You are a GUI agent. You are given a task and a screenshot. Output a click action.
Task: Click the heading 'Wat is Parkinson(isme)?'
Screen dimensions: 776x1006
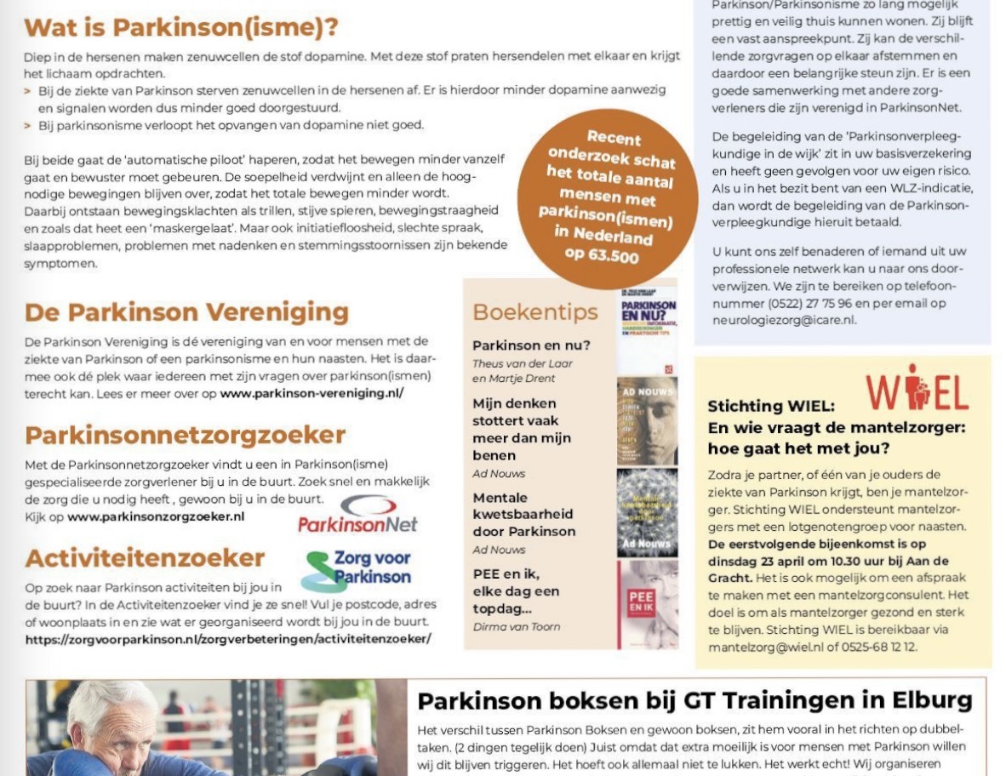181,27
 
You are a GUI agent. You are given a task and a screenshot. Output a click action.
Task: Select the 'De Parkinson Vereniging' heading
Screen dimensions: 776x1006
186,312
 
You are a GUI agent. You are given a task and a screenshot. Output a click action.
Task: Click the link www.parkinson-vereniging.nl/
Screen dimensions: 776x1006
312,393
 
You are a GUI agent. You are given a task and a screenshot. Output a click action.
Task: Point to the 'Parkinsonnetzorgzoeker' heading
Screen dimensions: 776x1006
185,435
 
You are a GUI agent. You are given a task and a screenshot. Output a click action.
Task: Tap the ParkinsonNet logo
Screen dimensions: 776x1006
357,515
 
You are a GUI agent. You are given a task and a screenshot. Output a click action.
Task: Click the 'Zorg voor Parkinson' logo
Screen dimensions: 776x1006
357,569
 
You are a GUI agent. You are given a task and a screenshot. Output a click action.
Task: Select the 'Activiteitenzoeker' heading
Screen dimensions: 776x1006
145,558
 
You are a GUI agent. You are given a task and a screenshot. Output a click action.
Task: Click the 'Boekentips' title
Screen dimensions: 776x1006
534,312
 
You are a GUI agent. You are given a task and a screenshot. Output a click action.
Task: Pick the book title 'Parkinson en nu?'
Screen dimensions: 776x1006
531,345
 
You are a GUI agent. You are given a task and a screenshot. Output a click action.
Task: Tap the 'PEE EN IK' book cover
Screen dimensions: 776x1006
647,603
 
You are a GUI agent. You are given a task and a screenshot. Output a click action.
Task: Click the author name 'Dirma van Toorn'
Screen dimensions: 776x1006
516,626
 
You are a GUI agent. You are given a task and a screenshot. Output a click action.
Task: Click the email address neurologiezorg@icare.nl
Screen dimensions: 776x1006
784,320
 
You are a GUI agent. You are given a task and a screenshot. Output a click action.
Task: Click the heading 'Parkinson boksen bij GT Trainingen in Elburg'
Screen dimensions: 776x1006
694,700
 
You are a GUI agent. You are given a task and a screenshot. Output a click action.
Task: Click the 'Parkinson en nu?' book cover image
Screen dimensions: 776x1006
647,328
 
